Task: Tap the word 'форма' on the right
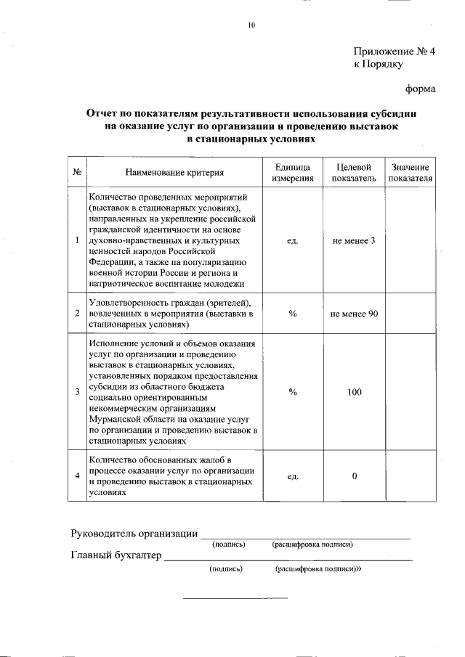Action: (420, 89)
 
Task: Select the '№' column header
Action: (77, 173)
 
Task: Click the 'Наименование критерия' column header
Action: (174, 173)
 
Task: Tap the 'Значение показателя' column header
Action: (411, 173)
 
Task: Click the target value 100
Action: (354, 392)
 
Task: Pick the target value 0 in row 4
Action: (354, 476)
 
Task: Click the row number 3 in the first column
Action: (77, 392)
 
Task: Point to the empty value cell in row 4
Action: (411, 476)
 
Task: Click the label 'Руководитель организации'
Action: (134, 535)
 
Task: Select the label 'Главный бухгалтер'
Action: (116, 557)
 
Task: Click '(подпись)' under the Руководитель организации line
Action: (228, 544)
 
